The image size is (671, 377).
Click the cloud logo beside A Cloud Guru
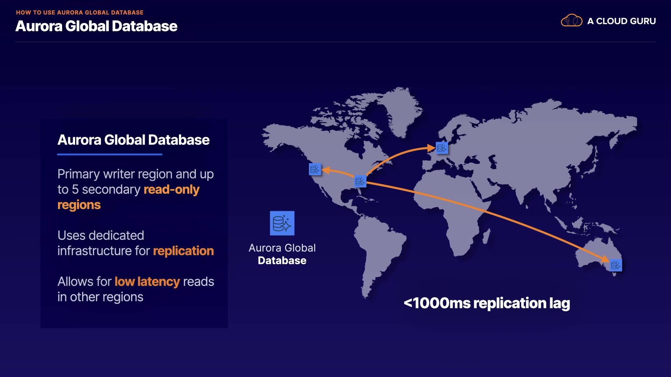[x=571, y=21]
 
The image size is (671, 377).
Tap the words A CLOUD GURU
[x=621, y=21]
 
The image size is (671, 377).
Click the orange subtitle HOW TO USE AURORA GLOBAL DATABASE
[x=80, y=13]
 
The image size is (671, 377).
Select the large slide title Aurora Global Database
[x=96, y=26]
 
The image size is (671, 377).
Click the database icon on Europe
[x=442, y=148]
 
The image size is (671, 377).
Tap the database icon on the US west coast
[x=315, y=169]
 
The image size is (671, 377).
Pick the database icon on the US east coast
[x=360, y=182]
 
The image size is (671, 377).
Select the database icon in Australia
[x=616, y=266]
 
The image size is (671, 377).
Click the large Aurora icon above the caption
[x=282, y=223]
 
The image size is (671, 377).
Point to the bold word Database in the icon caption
[x=282, y=261]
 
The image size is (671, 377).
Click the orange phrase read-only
[x=171, y=190]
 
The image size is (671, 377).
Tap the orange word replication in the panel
[x=183, y=251]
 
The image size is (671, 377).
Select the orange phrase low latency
[x=147, y=282]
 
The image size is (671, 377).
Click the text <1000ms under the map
[x=437, y=303]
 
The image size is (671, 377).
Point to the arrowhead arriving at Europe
[x=431, y=148]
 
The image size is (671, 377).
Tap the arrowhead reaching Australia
[x=605, y=259]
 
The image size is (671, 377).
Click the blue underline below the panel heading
[x=110, y=154]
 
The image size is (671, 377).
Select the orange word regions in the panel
[x=79, y=205]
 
